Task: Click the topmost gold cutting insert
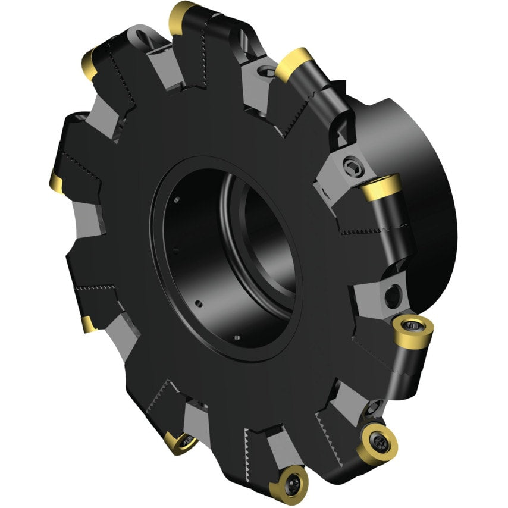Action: coord(183,16)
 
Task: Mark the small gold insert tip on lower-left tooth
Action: coord(89,323)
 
